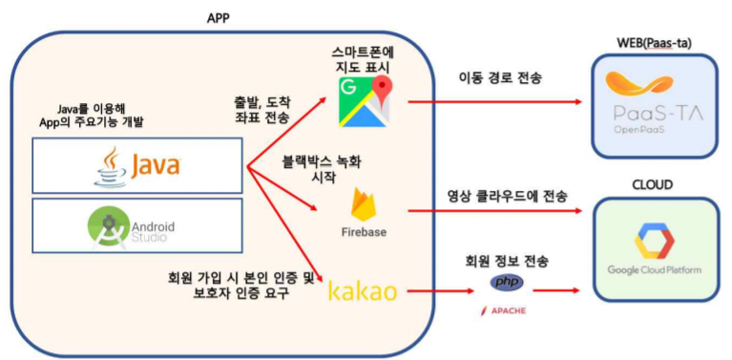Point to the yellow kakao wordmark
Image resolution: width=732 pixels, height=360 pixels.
(x=362, y=290)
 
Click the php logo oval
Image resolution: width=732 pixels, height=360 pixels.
(x=506, y=283)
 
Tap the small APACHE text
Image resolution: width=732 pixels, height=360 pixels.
(x=506, y=311)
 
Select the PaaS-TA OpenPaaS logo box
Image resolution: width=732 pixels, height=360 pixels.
(x=653, y=105)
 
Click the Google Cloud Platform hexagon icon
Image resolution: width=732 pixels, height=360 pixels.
(x=654, y=244)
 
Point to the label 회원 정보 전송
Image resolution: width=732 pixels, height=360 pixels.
(x=507, y=260)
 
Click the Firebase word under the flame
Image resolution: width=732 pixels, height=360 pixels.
(x=364, y=232)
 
